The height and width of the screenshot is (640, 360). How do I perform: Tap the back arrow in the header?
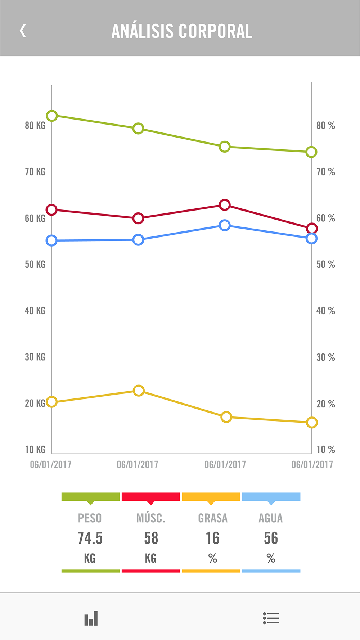click(23, 31)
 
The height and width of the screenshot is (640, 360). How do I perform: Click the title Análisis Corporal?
click(182, 31)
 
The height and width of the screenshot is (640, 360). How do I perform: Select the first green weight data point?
click(52, 116)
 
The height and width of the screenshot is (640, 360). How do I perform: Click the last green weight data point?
click(311, 152)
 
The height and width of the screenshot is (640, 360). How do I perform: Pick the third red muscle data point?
click(225, 205)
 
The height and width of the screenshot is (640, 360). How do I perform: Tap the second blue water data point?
click(138, 240)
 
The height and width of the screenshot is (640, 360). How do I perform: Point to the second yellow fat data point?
click(139, 391)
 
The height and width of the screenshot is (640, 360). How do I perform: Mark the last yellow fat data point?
click(312, 423)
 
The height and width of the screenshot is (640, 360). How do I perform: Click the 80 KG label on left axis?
click(35, 125)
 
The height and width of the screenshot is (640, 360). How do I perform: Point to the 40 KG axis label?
click(35, 311)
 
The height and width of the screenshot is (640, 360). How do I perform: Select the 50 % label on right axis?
click(325, 265)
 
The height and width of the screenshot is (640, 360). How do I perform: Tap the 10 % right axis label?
click(325, 450)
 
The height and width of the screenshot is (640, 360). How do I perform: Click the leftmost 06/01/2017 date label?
click(50, 464)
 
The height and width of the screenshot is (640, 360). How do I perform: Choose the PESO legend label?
click(90, 518)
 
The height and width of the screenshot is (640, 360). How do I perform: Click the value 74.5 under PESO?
click(90, 538)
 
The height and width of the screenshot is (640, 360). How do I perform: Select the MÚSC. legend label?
click(151, 518)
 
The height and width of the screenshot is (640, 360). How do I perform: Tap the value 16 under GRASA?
click(212, 538)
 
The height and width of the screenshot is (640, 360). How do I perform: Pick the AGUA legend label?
click(271, 518)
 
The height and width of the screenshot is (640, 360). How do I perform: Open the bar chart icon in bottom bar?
click(91, 618)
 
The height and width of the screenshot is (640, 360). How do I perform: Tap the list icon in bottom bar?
click(271, 618)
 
